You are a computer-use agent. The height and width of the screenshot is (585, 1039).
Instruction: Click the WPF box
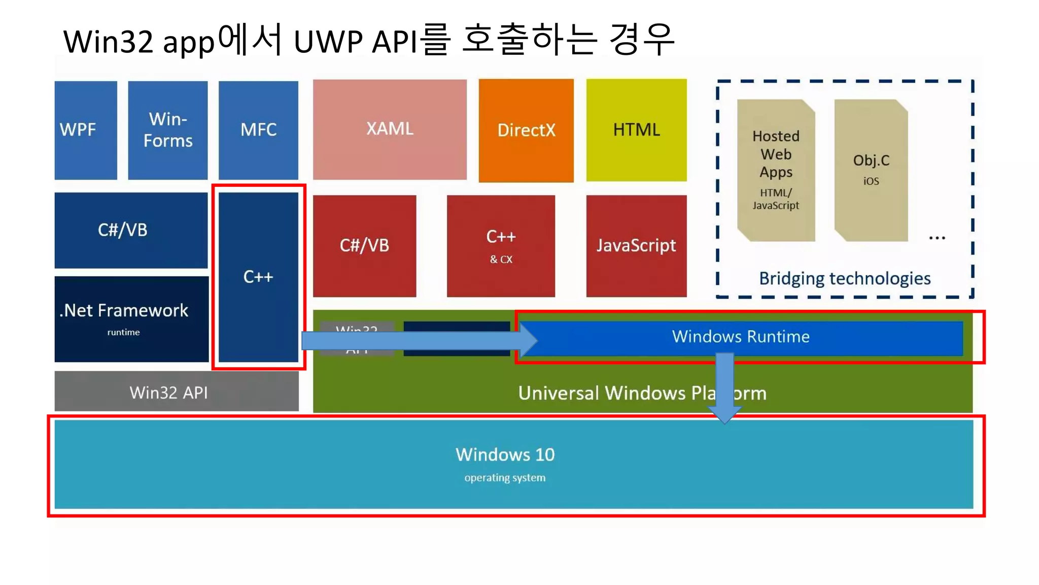click(85, 130)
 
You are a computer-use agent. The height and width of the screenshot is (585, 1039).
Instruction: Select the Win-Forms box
click(167, 130)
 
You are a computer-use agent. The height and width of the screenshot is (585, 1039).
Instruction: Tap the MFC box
click(258, 130)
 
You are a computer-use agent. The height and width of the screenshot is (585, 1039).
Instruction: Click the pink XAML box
click(390, 129)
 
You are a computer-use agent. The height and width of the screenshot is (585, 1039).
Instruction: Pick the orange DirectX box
click(526, 130)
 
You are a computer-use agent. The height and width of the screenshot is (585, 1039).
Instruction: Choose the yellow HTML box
click(636, 130)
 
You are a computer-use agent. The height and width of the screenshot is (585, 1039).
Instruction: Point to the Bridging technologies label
click(845, 278)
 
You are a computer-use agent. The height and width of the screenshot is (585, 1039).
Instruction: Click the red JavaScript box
click(636, 246)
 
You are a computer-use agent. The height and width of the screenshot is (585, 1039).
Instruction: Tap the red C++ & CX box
click(501, 246)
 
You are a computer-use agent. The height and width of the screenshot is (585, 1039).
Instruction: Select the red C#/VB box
click(364, 246)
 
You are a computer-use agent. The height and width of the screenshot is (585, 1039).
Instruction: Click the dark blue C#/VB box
click(131, 230)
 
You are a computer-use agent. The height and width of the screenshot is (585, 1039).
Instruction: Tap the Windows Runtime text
click(741, 337)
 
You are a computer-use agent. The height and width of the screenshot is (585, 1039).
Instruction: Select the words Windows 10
click(505, 454)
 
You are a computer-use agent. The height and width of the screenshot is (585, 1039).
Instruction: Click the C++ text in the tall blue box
click(258, 277)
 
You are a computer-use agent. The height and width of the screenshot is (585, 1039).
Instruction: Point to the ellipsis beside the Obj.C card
click(937, 238)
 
